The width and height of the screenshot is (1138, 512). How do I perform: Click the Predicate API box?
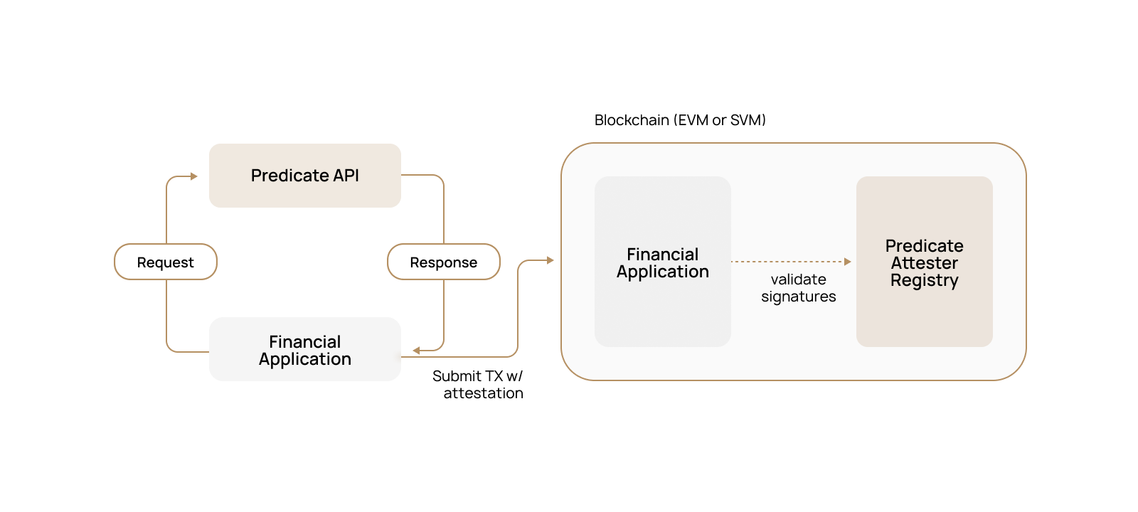click(x=305, y=176)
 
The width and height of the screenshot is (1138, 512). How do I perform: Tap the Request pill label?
click(x=166, y=262)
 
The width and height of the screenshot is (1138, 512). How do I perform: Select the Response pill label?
click(x=444, y=262)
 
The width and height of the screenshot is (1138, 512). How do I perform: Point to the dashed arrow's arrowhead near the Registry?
click(x=847, y=262)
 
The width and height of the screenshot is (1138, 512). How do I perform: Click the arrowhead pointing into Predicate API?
click(x=194, y=176)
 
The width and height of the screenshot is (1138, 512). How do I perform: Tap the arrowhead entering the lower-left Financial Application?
click(x=416, y=350)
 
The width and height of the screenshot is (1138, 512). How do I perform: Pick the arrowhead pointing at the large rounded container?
click(x=550, y=260)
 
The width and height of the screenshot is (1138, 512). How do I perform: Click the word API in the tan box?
click(x=346, y=176)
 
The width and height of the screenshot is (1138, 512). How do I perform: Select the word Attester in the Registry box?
click(x=924, y=263)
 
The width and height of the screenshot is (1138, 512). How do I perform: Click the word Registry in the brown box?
click(x=924, y=280)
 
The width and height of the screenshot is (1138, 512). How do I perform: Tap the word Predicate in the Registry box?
click(x=924, y=246)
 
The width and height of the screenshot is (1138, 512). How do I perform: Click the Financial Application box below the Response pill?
click(x=305, y=349)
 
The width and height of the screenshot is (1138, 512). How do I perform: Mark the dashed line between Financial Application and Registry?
click(x=789, y=262)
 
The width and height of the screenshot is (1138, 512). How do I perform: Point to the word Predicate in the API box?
click(x=289, y=176)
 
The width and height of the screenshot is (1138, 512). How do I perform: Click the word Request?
click(x=166, y=262)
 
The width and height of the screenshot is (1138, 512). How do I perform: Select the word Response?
click(x=444, y=262)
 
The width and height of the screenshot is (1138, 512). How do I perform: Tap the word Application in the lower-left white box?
click(x=305, y=359)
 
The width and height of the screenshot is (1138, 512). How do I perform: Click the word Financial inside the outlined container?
click(x=662, y=255)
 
